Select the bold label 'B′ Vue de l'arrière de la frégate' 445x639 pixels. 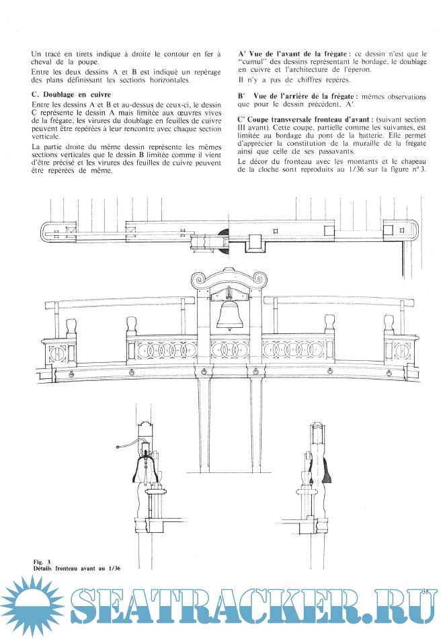pyautogui.click(x=297, y=97)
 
